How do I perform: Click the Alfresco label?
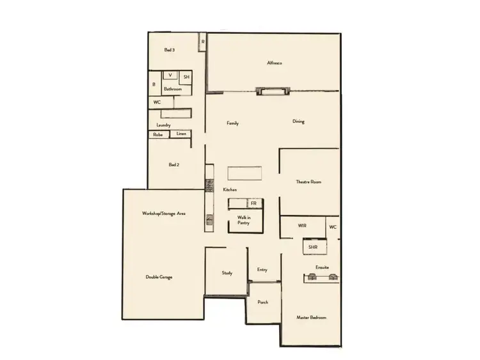275,63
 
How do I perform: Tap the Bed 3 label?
170,50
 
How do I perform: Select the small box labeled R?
202,42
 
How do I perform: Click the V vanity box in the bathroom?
170,75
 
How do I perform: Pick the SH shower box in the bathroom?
186,77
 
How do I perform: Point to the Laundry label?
163,125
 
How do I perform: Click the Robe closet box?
158,135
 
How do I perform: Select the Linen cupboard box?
182,134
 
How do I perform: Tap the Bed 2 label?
173,164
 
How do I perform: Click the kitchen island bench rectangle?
244,173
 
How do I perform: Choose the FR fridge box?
254,203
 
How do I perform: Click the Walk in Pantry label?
244,221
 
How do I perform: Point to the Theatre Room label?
308,182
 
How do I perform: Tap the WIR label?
303,226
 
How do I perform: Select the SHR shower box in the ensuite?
314,247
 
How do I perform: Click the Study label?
227,273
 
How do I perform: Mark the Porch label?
262,302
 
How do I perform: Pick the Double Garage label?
159,277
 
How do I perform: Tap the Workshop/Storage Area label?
164,213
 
